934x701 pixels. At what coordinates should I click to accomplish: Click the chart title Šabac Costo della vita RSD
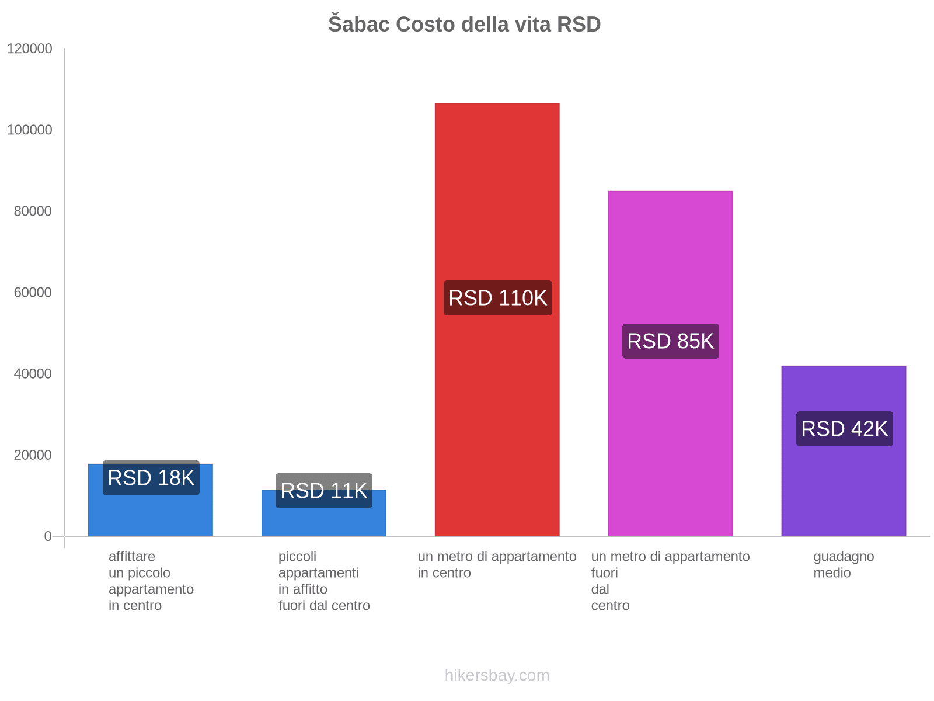(x=464, y=25)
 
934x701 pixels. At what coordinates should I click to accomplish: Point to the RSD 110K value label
(x=497, y=298)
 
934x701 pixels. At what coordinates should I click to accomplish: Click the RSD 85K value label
(x=670, y=341)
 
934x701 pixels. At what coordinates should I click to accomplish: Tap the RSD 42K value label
(x=844, y=429)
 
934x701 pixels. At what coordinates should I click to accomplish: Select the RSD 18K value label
(x=151, y=478)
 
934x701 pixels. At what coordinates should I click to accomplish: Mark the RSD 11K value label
(x=323, y=491)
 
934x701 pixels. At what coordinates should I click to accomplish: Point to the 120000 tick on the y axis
(x=30, y=49)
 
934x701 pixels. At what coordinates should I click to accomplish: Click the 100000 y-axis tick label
(x=30, y=130)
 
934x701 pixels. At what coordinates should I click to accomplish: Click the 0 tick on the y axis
(x=48, y=536)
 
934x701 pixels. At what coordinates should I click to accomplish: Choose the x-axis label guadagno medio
(x=844, y=565)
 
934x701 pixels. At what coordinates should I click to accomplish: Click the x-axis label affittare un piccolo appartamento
(x=151, y=581)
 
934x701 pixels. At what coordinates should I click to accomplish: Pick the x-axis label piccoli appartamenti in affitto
(x=323, y=581)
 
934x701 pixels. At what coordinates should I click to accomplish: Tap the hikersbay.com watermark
(x=497, y=675)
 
